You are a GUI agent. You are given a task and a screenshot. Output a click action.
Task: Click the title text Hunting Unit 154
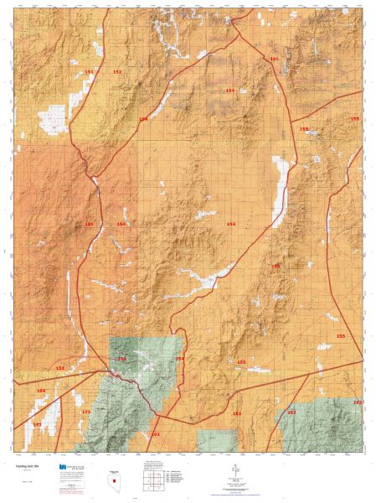click(x=24, y=464)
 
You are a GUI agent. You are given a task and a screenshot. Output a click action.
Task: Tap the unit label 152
click(x=117, y=72)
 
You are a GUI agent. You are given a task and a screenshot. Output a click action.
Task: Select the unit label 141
click(x=274, y=59)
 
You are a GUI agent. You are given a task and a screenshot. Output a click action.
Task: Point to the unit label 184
click(x=40, y=391)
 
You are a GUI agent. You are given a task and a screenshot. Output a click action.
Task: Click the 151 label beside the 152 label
click(x=89, y=73)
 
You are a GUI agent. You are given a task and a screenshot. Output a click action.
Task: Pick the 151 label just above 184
click(x=59, y=368)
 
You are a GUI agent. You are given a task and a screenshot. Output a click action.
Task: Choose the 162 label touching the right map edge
click(x=358, y=403)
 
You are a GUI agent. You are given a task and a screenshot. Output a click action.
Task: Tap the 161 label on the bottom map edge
click(x=155, y=435)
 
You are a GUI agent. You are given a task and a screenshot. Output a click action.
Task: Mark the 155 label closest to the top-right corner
click(x=355, y=119)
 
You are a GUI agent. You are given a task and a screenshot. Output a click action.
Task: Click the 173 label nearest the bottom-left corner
click(x=37, y=425)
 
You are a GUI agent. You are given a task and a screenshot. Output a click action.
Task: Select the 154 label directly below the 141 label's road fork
click(x=230, y=90)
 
